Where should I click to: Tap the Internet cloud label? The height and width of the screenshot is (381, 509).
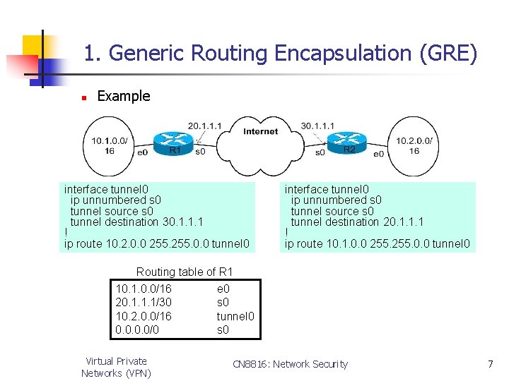tap(261, 131)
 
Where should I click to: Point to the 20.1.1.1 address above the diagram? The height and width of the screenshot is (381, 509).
tap(205, 126)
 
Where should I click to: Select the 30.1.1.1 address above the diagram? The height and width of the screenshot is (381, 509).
tap(317, 126)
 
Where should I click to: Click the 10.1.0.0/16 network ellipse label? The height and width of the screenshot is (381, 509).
tap(109, 145)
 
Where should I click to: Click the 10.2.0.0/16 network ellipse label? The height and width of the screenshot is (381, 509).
tap(414, 145)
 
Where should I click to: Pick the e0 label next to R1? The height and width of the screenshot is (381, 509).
tap(142, 152)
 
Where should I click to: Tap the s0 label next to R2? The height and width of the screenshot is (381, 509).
tap(320, 152)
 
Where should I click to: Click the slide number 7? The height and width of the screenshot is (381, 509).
tap(490, 364)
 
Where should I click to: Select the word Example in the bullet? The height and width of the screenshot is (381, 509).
tap(124, 96)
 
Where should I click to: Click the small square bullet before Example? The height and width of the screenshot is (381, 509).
tap(83, 97)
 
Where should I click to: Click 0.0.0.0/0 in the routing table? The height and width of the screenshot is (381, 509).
tap(137, 329)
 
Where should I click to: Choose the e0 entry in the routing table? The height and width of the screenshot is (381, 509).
tap(223, 289)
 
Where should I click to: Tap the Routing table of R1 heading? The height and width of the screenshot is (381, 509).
tap(185, 272)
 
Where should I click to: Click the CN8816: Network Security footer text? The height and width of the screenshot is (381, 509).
tap(290, 364)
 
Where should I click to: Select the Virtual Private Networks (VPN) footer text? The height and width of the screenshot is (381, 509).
tap(116, 367)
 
